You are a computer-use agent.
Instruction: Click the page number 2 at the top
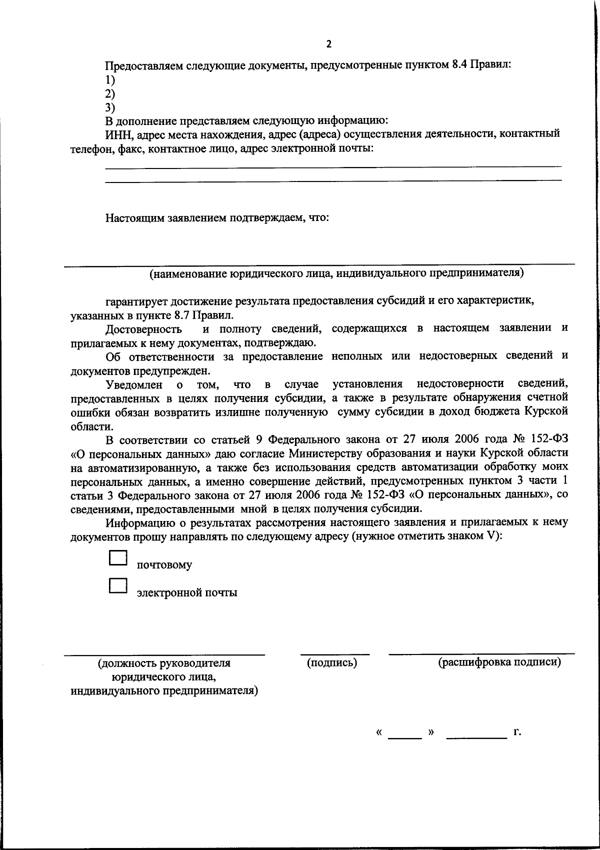[328, 44]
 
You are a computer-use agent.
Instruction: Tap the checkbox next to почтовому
[118, 558]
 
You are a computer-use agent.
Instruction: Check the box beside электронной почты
[118, 585]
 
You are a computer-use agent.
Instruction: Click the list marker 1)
[110, 80]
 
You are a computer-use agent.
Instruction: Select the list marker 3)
[110, 107]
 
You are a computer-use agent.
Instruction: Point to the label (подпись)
[332, 663]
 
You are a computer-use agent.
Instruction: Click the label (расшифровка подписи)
[499, 662]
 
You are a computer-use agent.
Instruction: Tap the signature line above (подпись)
[334, 653]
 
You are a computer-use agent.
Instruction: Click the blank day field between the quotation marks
[405, 733]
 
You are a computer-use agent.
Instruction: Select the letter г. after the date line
[517, 732]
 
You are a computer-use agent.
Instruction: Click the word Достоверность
[143, 329]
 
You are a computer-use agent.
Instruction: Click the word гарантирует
[136, 301]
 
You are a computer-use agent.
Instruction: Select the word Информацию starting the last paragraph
[136, 522]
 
